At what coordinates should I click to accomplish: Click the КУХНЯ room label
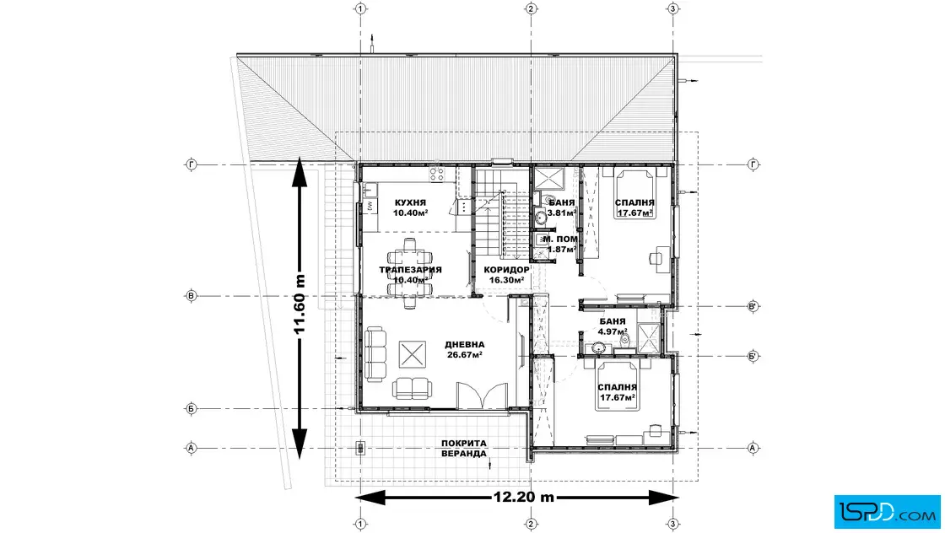pos(410,203)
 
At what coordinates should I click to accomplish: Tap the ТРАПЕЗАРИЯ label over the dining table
pos(410,270)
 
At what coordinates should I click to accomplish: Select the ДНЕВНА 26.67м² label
pos(465,350)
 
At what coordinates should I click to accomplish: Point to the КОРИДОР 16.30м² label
pos(506,275)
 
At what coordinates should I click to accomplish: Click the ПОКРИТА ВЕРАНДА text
pos(463,448)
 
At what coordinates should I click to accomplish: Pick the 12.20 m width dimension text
pos(524,498)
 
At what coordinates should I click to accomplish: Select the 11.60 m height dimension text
pos(300,304)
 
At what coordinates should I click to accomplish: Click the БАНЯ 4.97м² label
pos(613,326)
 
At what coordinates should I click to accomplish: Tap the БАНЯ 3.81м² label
pos(562,207)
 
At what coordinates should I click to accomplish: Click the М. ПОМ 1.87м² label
pos(560,244)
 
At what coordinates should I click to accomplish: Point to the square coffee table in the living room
pos(413,353)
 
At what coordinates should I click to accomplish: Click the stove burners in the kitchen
pos(436,175)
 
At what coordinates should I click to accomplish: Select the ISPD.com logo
pos(887,512)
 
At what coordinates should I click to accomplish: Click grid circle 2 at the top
pos(531,8)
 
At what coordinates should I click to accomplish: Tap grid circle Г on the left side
pos(192,164)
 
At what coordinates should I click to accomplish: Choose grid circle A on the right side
pos(753,448)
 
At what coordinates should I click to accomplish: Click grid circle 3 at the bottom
pos(673,525)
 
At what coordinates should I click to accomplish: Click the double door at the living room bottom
pos(482,396)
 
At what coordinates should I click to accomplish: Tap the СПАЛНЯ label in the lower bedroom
pos(618,387)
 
